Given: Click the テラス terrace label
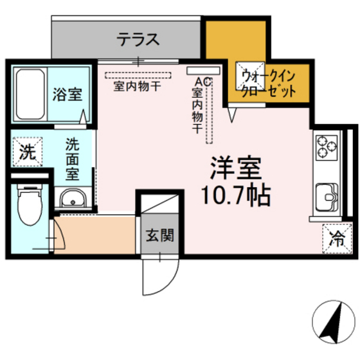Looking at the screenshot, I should [138, 40].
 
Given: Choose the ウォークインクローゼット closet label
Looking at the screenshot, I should [268, 84].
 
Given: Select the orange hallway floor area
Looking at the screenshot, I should [96, 234].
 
